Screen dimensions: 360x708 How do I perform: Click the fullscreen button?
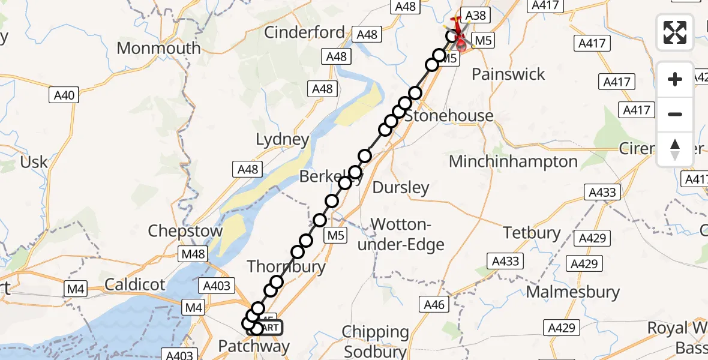[x=675, y=32]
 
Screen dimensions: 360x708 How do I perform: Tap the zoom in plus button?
[x=675, y=79]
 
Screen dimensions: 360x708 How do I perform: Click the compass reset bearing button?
[x=675, y=149]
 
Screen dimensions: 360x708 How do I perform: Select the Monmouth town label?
[x=158, y=48]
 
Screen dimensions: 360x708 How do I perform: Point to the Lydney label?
[x=283, y=140]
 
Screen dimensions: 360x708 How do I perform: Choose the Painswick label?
[x=508, y=74]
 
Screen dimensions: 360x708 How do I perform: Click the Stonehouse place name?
[x=449, y=116]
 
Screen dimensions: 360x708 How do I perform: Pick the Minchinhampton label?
[x=513, y=161]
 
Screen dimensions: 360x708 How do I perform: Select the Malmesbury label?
[x=572, y=292]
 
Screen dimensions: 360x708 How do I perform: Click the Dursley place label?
[x=401, y=188]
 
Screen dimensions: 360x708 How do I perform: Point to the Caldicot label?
[x=134, y=284]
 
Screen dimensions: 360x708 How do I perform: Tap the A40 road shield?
[x=64, y=95]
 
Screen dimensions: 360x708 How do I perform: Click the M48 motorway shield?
[x=193, y=254]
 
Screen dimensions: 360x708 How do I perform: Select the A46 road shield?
[x=434, y=305]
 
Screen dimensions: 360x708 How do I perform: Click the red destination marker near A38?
[x=461, y=40]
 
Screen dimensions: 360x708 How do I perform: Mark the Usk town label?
[x=34, y=162]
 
